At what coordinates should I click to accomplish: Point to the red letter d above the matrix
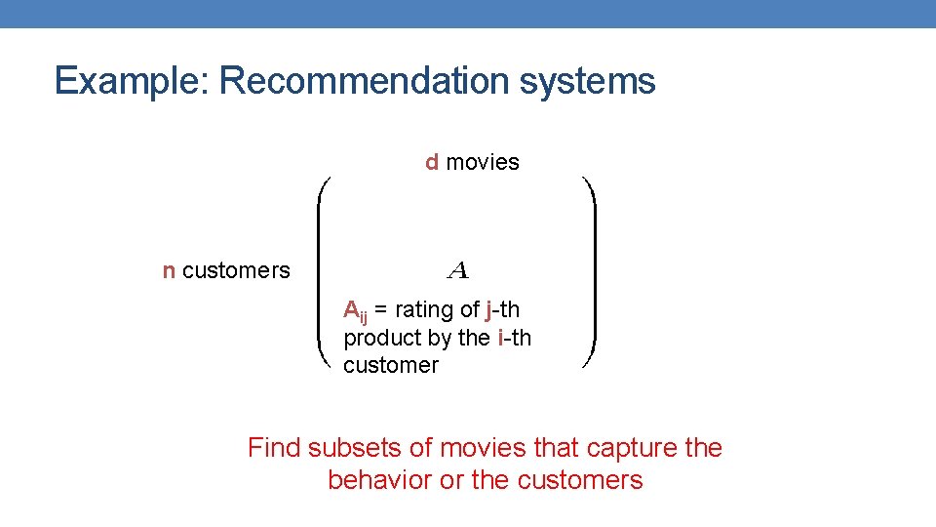tap(432, 162)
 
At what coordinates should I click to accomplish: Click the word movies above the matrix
tap(483, 162)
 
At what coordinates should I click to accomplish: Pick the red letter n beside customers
tap(169, 271)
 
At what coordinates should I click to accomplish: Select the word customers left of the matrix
tap(236, 271)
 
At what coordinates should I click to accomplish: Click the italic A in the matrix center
tap(457, 268)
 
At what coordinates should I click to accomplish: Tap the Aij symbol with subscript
tap(355, 311)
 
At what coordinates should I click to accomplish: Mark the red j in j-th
tap(488, 310)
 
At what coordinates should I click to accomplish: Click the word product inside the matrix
tap(380, 338)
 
